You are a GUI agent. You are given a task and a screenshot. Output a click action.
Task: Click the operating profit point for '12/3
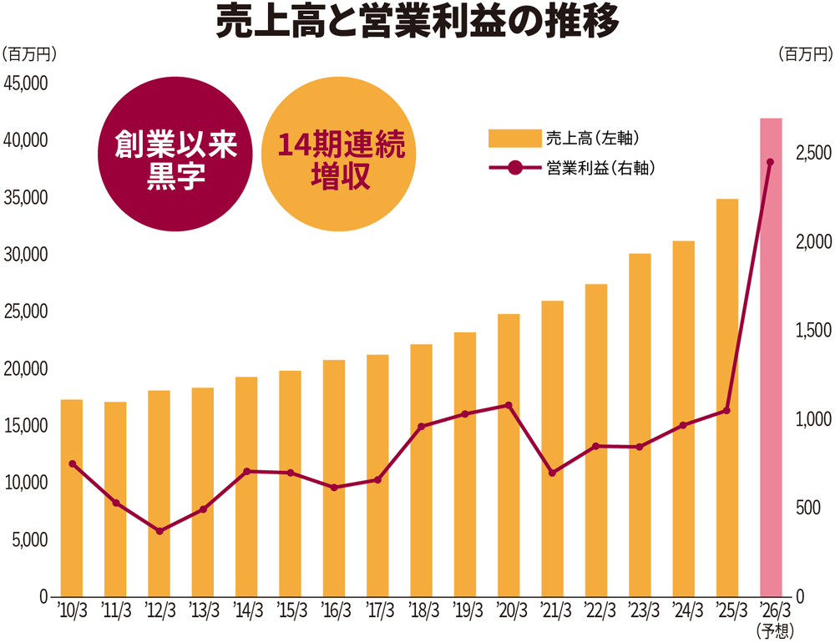tap(159, 530)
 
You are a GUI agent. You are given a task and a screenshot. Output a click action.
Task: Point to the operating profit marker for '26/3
tap(770, 162)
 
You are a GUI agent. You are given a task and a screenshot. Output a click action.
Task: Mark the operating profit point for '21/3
tap(552, 473)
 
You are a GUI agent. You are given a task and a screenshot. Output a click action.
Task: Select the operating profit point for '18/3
tap(422, 427)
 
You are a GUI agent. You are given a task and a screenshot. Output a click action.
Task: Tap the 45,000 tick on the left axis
tap(27, 84)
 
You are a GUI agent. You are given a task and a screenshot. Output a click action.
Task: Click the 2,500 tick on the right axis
tap(808, 154)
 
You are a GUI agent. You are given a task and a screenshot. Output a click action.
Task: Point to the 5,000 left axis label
tap(30, 540)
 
